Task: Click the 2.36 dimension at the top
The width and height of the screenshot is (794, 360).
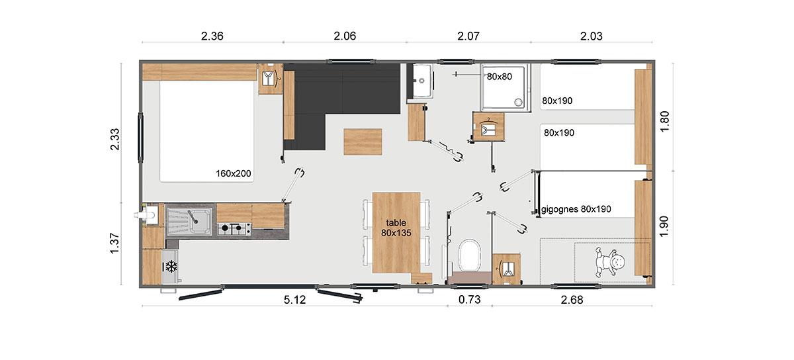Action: tap(212, 36)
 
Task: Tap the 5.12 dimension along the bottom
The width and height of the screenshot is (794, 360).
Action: tap(294, 300)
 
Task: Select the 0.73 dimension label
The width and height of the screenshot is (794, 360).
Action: tap(469, 299)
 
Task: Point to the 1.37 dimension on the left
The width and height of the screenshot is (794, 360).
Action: tap(115, 244)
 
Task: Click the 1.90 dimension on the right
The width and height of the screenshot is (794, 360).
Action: tap(664, 226)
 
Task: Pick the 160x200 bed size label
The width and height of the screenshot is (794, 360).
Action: tap(233, 173)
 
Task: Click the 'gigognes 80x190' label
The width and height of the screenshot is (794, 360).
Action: tap(576, 209)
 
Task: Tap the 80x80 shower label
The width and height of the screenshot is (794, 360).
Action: tap(499, 76)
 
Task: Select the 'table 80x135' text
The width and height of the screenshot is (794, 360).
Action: tap(396, 228)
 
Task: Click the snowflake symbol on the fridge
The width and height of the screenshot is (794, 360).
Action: tap(171, 267)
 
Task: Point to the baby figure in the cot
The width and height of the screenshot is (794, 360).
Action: tap(609, 262)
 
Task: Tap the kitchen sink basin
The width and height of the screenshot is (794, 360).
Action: tap(189, 221)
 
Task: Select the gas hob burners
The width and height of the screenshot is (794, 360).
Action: tap(234, 228)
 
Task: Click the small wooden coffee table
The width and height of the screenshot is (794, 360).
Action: tap(363, 142)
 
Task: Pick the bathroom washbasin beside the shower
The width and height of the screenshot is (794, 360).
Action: tap(422, 81)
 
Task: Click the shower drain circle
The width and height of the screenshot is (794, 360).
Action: tap(519, 102)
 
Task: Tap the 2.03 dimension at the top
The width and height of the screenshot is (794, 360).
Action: tap(592, 36)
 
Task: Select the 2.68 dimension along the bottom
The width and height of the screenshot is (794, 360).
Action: tap(572, 300)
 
